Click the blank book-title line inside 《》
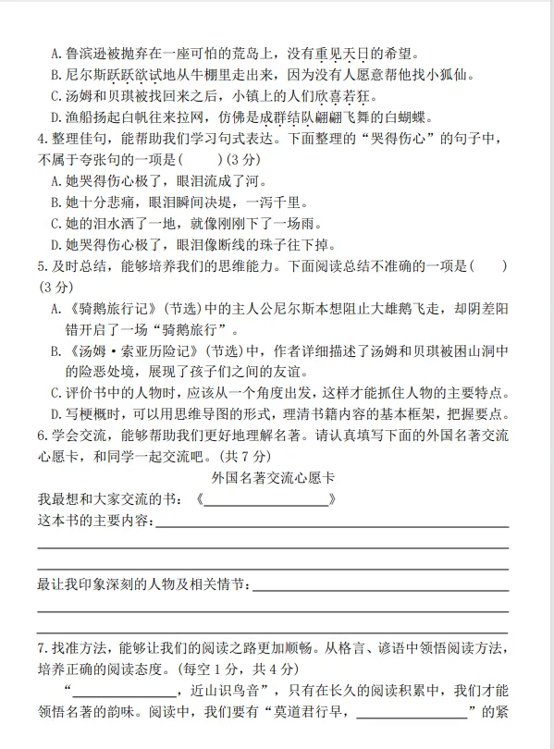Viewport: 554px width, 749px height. tap(265, 500)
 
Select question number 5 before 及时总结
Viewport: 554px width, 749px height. tap(42, 267)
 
